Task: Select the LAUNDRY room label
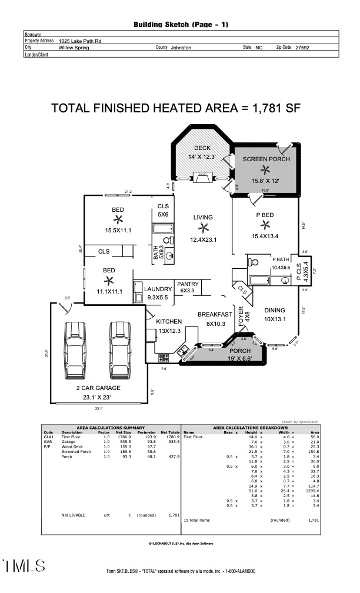point(158,289)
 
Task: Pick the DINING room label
point(275,310)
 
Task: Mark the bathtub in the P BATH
point(259,281)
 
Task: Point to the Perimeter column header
point(146,432)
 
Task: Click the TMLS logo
point(24,566)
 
